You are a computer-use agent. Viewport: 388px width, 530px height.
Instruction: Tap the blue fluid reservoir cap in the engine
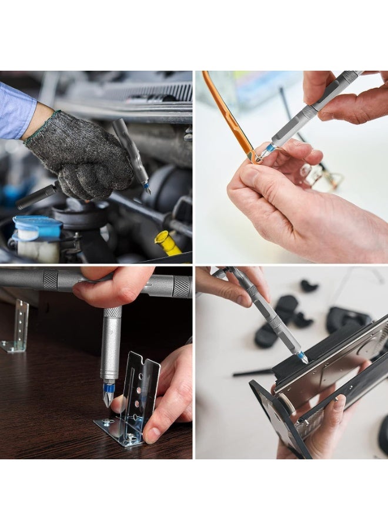click(x=38, y=227)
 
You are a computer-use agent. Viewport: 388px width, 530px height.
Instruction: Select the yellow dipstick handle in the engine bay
click(x=167, y=242)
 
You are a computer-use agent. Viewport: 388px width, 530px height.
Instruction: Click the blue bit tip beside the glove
click(x=146, y=187)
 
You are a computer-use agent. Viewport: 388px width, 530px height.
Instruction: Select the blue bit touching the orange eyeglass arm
click(x=266, y=150)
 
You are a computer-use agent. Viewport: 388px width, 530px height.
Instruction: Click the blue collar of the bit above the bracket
click(x=109, y=387)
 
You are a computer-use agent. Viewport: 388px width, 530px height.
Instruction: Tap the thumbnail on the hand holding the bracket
click(x=152, y=435)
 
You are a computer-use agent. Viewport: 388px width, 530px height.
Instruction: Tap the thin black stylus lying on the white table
click(x=253, y=372)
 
